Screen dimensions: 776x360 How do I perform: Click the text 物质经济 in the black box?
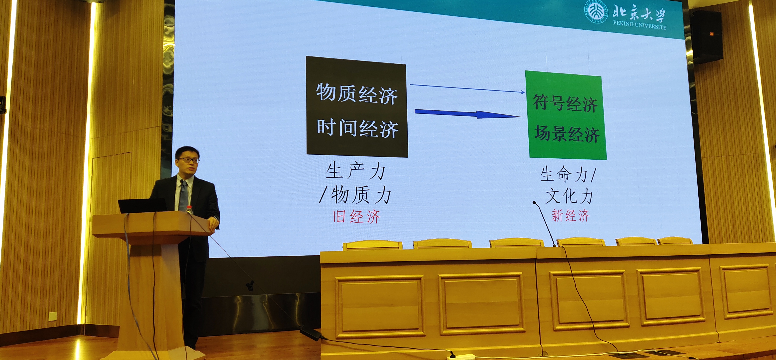pos(357,94)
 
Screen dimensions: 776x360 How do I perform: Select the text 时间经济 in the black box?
pos(358,128)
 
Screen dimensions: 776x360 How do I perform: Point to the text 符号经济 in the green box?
pos(565,103)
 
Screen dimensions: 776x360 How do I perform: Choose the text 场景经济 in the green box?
pos(567,134)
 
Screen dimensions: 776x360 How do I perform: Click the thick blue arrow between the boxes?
pos(469,114)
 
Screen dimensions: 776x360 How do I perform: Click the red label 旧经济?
pos(357,216)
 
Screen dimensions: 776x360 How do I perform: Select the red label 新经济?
pos(571,216)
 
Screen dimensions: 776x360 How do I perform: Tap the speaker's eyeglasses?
pos(189,160)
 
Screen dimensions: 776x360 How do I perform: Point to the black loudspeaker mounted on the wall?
pos(706,37)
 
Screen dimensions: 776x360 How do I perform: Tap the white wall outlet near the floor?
pos(53,316)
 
